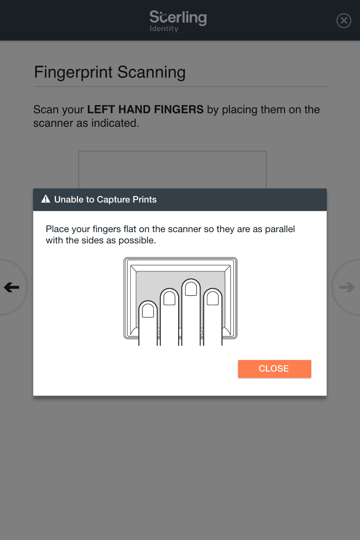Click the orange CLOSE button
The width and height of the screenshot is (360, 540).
pos(274,369)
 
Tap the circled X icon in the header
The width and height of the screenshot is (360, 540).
pos(343,21)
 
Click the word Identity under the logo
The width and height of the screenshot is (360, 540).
pos(164,28)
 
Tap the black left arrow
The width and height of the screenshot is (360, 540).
pos(12,287)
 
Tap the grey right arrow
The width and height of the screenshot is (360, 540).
pos(347,287)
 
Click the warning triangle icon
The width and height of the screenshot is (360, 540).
pos(46,199)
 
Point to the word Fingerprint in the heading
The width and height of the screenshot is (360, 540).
pos(73,72)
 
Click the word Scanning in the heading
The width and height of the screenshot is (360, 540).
pos(151,72)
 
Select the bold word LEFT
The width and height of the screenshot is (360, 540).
pos(101,109)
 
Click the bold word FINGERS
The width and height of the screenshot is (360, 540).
pos(179,109)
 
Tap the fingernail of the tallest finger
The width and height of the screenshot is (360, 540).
pos(191,289)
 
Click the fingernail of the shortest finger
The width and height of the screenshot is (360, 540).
pos(148,310)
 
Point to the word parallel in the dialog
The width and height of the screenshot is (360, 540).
pos(280,229)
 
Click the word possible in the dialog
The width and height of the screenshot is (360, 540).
pos(137,241)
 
